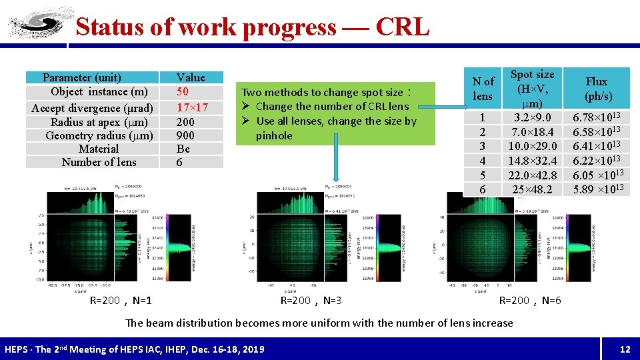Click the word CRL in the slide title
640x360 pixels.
point(403,27)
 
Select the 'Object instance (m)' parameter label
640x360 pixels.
point(99,92)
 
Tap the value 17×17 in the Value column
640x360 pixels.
point(192,107)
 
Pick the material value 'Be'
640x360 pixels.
point(183,149)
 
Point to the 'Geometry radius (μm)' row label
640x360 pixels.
point(99,135)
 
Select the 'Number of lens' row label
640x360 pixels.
point(99,162)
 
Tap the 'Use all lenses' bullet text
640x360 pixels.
point(336,121)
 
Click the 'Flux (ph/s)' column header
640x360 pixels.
point(596,89)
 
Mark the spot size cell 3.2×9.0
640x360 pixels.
point(532,117)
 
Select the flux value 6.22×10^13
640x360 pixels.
point(597,160)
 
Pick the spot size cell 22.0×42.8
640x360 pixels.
point(532,175)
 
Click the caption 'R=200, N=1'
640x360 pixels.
point(121,301)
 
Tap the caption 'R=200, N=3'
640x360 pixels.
point(311,301)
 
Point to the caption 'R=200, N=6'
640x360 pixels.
point(530,301)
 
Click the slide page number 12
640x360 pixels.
point(625,349)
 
